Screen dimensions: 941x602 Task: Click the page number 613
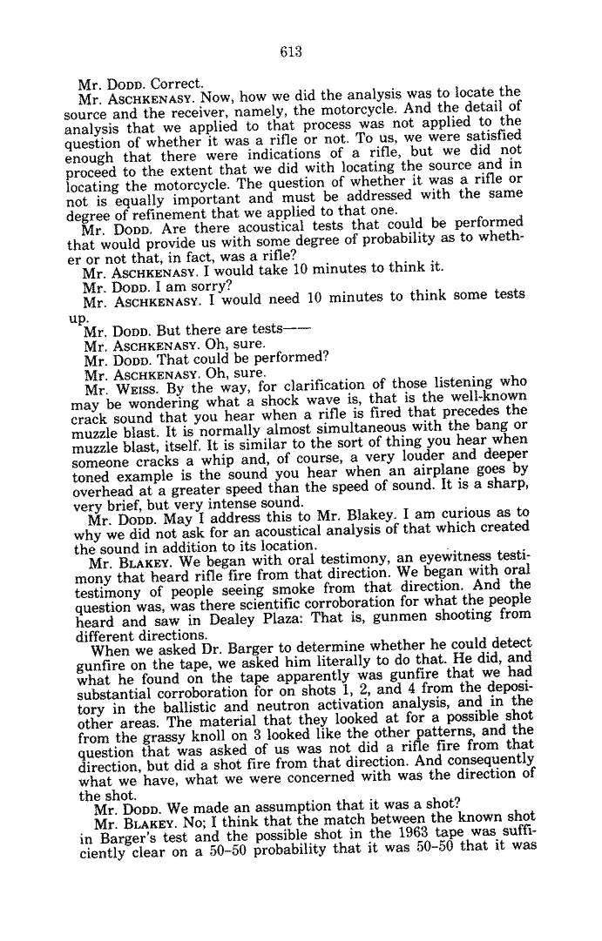tap(291, 52)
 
